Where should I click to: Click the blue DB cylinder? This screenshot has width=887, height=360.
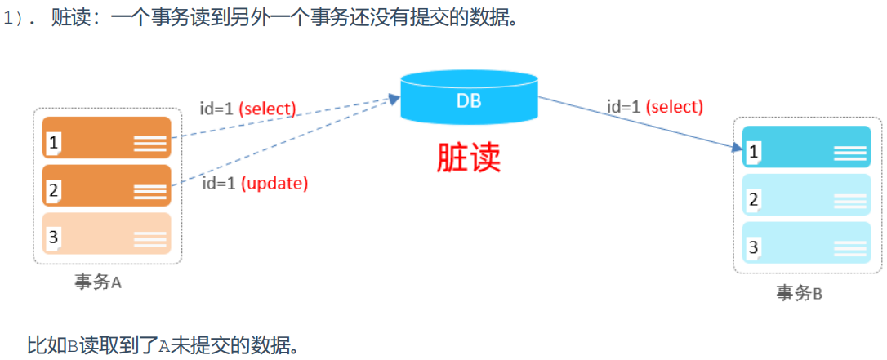(x=470, y=99)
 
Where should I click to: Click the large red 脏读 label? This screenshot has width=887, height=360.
(x=469, y=158)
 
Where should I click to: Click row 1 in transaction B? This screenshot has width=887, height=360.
(x=807, y=148)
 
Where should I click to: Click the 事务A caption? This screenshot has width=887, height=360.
(x=97, y=282)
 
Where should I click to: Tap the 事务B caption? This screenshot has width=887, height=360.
(x=799, y=293)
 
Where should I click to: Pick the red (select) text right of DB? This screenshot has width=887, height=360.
(x=674, y=107)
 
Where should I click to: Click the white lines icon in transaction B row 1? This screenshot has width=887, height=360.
(x=849, y=153)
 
